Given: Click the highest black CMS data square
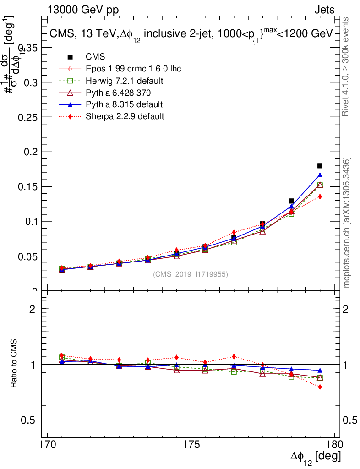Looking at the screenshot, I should (x=320, y=165).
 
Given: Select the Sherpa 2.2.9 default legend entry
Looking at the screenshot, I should (x=125, y=116).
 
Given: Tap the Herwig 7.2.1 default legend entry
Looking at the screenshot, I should (x=125, y=81).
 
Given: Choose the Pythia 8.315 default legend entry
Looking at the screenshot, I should (x=124, y=104).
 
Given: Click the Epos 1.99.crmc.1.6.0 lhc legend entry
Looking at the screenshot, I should (x=133, y=69).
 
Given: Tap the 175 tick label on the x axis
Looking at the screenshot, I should (x=191, y=444).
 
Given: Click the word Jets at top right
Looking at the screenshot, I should (x=324, y=10).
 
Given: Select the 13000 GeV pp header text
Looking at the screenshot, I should (x=82, y=10).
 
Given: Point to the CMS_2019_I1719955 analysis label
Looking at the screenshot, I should (x=190, y=274).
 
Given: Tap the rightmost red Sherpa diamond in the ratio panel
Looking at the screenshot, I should (x=320, y=387).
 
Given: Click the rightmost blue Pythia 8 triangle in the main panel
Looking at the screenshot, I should (x=320, y=175).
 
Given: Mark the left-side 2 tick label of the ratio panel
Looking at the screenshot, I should (x=33, y=309).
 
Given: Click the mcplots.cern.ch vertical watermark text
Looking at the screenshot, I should (x=347, y=223).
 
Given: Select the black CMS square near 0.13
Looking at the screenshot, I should (x=291, y=201).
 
